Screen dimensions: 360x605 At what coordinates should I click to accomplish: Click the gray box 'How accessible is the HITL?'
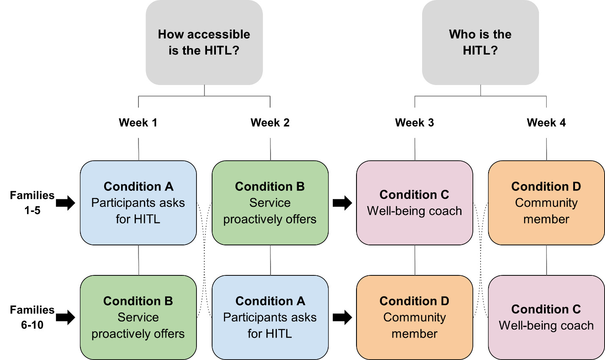click(204, 42)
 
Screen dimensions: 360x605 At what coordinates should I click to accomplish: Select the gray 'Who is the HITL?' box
click(480, 42)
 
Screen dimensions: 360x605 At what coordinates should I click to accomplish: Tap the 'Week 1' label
click(138, 123)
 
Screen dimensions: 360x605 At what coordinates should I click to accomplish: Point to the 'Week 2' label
click(270, 123)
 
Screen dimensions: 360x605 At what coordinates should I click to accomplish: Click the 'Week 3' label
click(414, 123)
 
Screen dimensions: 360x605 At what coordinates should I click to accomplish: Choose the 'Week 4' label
click(546, 123)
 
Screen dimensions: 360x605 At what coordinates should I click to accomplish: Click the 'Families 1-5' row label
click(32, 203)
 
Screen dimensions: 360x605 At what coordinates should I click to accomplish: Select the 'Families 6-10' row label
click(32, 317)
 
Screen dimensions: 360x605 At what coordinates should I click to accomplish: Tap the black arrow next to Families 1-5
click(65, 203)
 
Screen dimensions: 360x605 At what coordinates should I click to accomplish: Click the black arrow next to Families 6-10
click(65, 317)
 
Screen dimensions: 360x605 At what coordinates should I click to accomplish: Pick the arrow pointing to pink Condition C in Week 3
click(342, 203)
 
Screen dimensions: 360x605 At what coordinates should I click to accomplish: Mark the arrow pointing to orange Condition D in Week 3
click(342, 317)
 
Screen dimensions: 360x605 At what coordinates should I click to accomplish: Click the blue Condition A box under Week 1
click(138, 203)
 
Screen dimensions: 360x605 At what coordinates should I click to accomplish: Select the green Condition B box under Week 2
click(270, 203)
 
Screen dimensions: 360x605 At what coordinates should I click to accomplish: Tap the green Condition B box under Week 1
click(138, 317)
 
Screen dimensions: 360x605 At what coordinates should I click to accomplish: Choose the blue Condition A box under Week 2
click(270, 317)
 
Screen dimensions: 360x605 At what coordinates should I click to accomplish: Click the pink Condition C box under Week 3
click(414, 203)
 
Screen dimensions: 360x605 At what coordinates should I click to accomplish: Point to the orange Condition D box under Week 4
click(546, 203)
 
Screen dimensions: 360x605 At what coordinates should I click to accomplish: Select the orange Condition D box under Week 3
click(414, 317)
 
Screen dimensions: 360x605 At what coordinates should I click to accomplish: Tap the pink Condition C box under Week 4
click(546, 317)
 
